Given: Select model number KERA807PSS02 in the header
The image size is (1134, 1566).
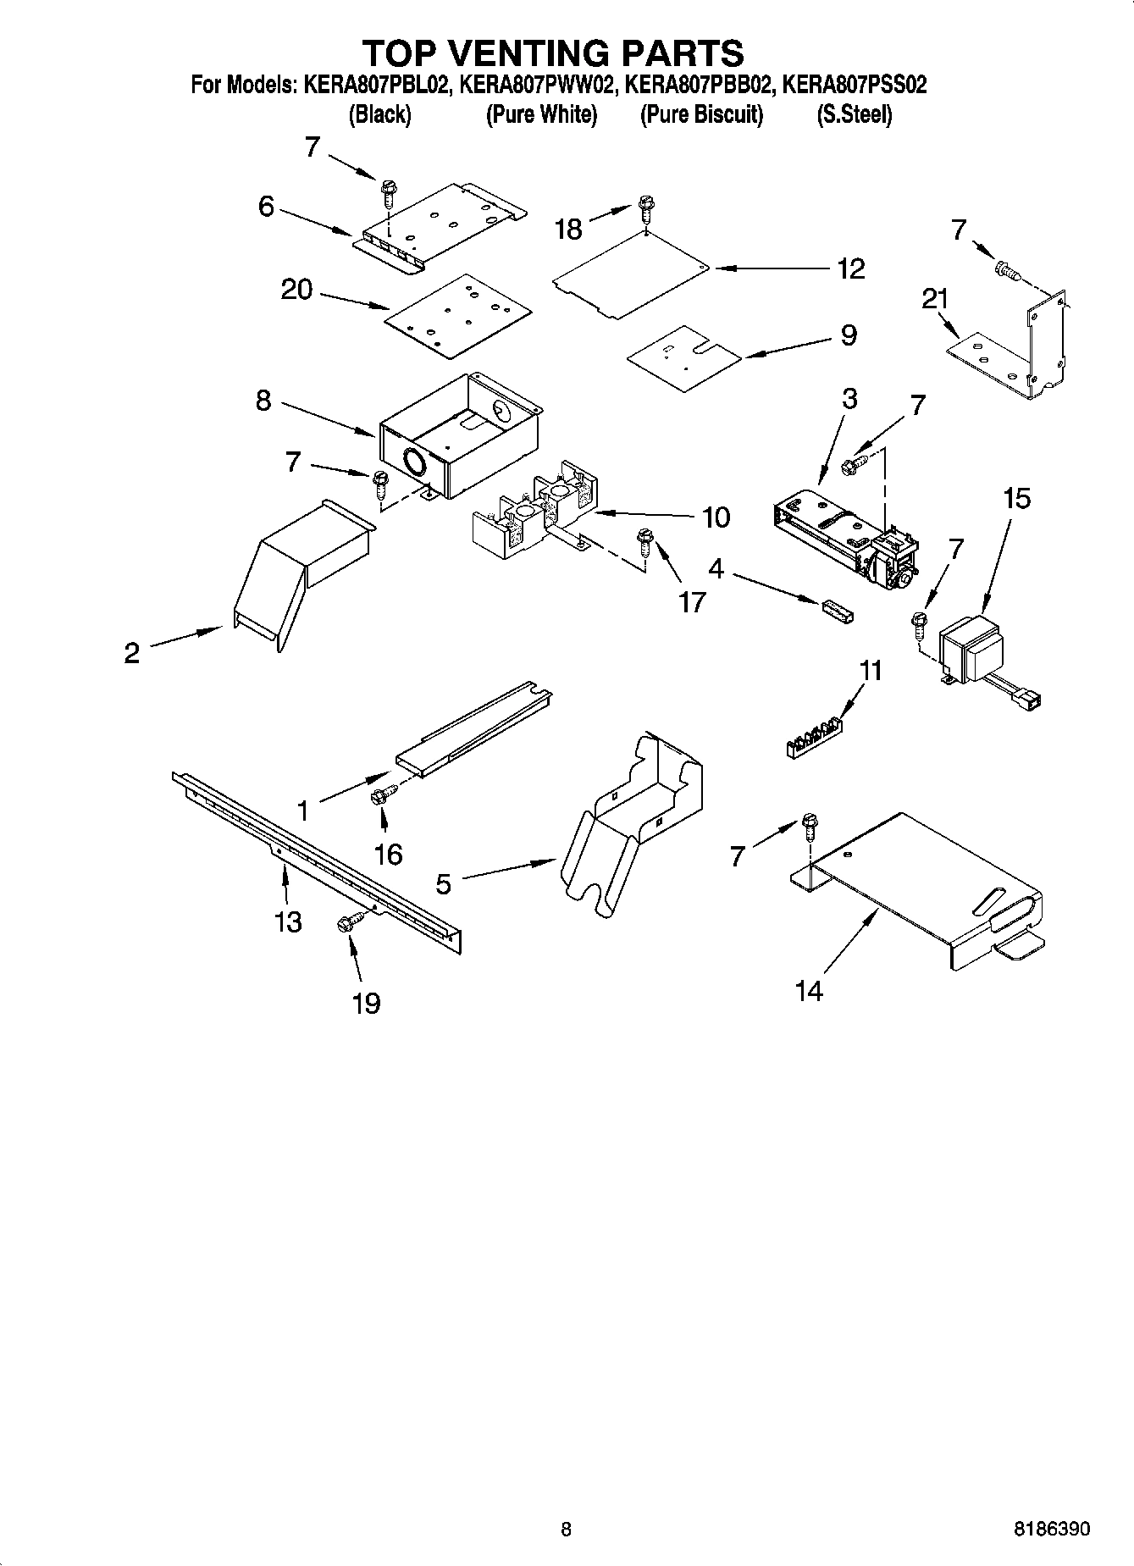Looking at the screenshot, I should click(x=854, y=85).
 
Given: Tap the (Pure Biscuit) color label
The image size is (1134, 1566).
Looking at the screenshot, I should click(x=701, y=114).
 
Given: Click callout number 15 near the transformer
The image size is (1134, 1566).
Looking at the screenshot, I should click(x=1016, y=499).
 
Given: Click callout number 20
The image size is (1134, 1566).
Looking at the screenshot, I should click(x=296, y=291).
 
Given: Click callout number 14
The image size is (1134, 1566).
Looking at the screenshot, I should click(x=809, y=990).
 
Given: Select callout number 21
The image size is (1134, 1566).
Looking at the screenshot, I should click(x=935, y=299).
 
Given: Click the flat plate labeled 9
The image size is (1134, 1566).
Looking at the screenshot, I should click(x=683, y=358).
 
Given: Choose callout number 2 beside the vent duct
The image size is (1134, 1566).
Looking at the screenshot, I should click(x=131, y=653).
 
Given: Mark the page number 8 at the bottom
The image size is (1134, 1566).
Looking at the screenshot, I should click(x=566, y=1529).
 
